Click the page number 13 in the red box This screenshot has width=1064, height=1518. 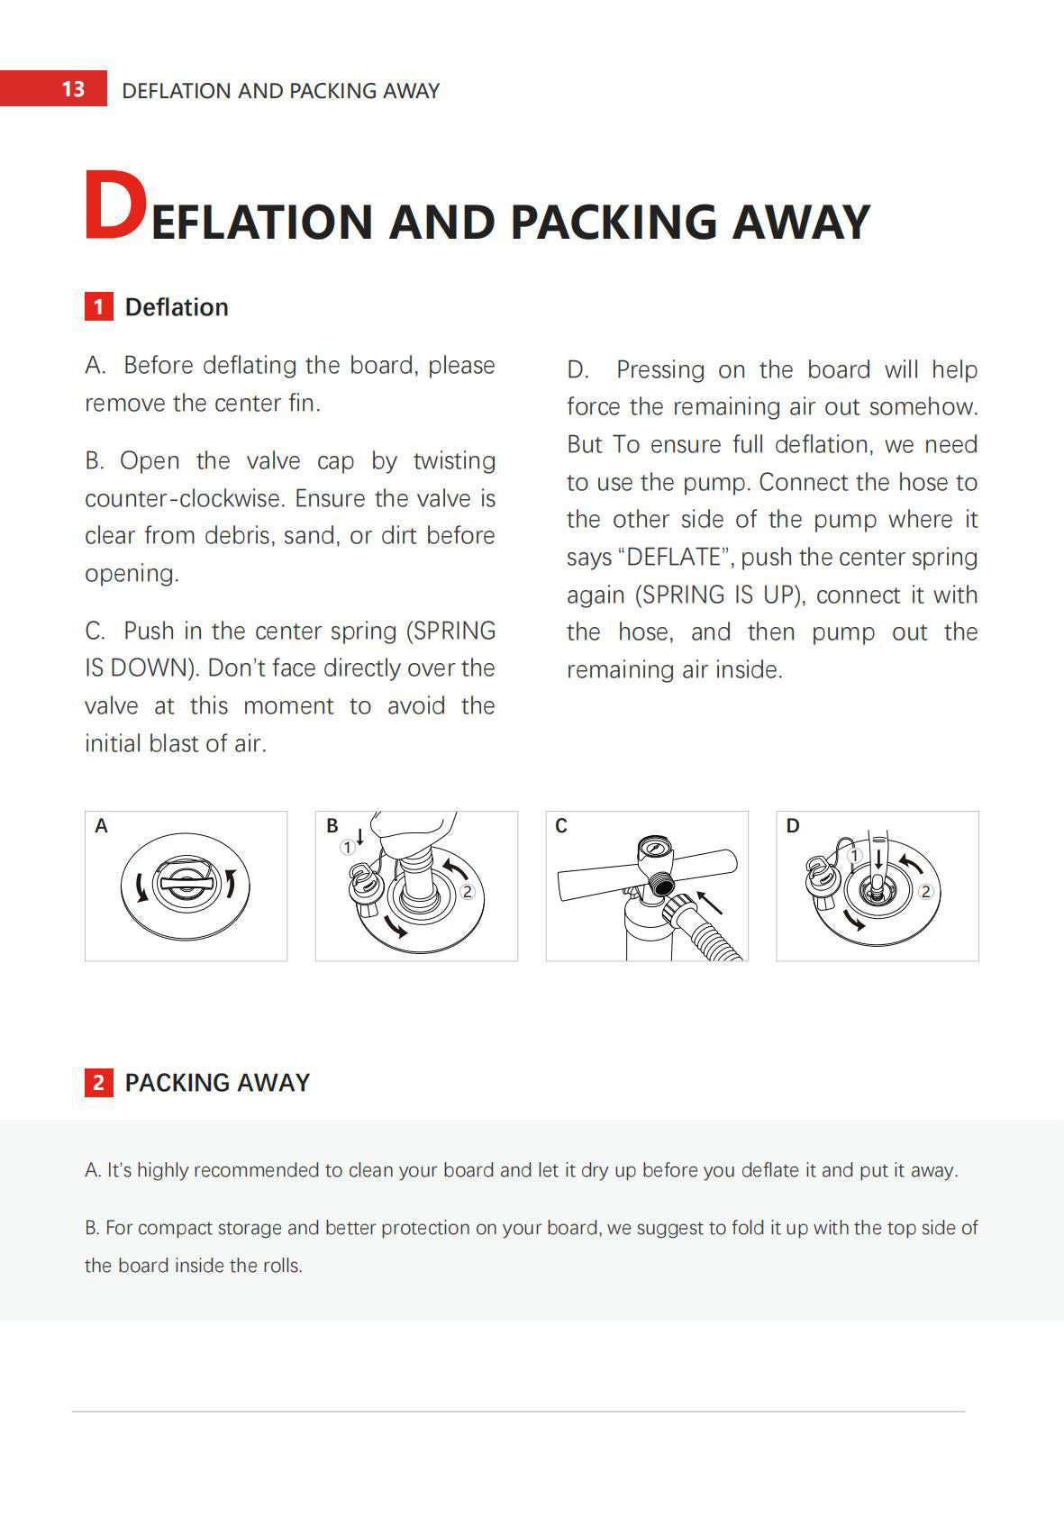click(x=73, y=89)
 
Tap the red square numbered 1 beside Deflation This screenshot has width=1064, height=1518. click(x=98, y=307)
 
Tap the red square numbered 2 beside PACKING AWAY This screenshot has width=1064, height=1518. click(x=98, y=1082)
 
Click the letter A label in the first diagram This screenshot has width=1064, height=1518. click(x=101, y=826)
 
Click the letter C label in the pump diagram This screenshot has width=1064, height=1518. click(x=561, y=826)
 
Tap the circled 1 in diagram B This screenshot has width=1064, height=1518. click(x=347, y=848)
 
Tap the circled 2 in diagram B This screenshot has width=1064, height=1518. click(x=467, y=892)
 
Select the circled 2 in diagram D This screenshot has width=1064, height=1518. click(x=926, y=892)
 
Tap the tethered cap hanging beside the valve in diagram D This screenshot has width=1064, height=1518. click(x=823, y=884)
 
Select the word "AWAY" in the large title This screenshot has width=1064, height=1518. click(x=800, y=222)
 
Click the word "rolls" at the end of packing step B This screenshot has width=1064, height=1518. click(x=280, y=1265)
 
